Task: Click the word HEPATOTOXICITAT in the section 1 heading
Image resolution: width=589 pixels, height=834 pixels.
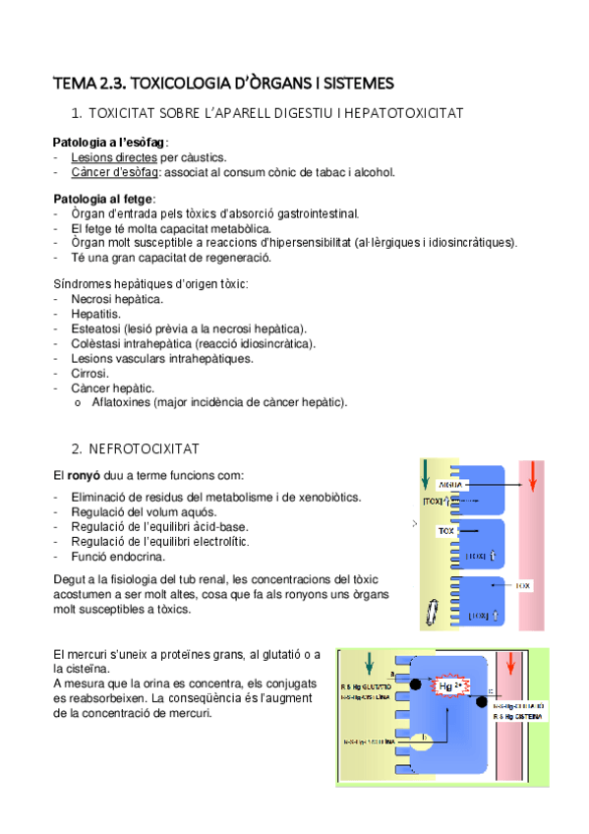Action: (401, 114)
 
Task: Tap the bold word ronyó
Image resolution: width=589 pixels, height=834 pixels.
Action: (83, 476)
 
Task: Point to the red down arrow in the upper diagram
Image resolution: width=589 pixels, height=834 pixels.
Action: (532, 474)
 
